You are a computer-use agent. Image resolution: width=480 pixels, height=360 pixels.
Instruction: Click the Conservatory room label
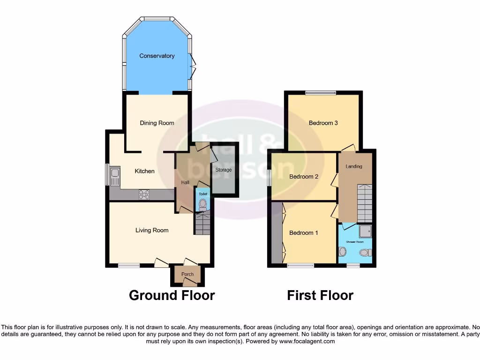[x=157, y=56]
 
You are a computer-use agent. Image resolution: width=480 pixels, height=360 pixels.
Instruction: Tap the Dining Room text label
[x=157, y=123]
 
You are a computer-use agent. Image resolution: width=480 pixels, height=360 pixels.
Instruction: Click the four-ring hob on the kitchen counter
[x=144, y=194]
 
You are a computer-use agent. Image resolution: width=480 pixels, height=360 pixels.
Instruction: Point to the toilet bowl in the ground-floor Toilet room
[x=202, y=204]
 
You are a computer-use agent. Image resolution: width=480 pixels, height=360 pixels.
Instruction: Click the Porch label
[x=187, y=274]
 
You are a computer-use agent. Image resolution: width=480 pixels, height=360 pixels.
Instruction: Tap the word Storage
[x=224, y=170]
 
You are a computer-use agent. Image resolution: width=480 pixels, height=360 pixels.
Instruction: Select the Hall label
[x=184, y=182]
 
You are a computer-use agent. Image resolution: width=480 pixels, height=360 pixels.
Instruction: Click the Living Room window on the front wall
[x=128, y=265]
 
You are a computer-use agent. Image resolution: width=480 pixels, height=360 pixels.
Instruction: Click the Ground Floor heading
[x=172, y=295]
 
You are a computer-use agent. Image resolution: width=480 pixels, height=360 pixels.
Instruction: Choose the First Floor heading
[x=320, y=295]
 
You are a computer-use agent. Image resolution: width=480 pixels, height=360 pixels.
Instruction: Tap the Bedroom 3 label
[x=323, y=123]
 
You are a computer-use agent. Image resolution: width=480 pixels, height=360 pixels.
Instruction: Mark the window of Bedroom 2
[x=270, y=177]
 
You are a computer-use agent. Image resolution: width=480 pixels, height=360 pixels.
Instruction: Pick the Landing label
[x=353, y=166]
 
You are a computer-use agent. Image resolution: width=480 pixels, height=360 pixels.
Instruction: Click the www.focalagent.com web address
[x=307, y=342]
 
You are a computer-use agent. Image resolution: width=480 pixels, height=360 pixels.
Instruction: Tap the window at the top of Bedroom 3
[x=321, y=93]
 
